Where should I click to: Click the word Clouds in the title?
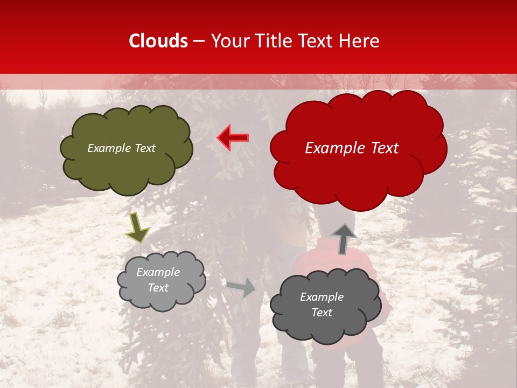[x=158, y=41]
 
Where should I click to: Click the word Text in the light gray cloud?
[x=158, y=288]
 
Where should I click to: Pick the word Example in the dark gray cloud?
[x=322, y=297]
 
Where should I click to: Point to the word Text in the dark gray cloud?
[x=322, y=313]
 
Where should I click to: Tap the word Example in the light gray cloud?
[x=158, y=272]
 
